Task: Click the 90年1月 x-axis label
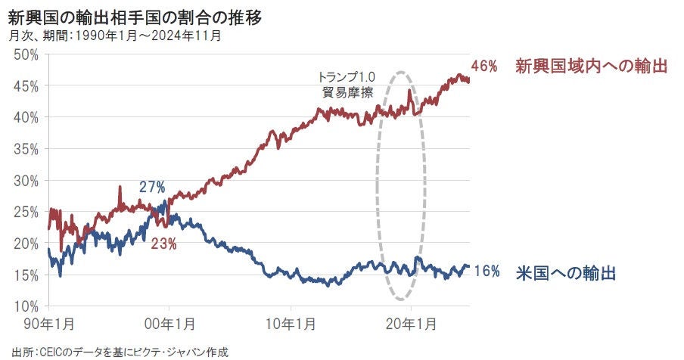(48, 324)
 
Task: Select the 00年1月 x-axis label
(169, 324)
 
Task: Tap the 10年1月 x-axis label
(289, 324)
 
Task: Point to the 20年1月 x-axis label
(409, 324)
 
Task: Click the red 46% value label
(484, 67)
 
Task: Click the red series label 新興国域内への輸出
(591, 67)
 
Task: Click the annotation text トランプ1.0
(347, 78)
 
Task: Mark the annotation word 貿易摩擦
(347, 93)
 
